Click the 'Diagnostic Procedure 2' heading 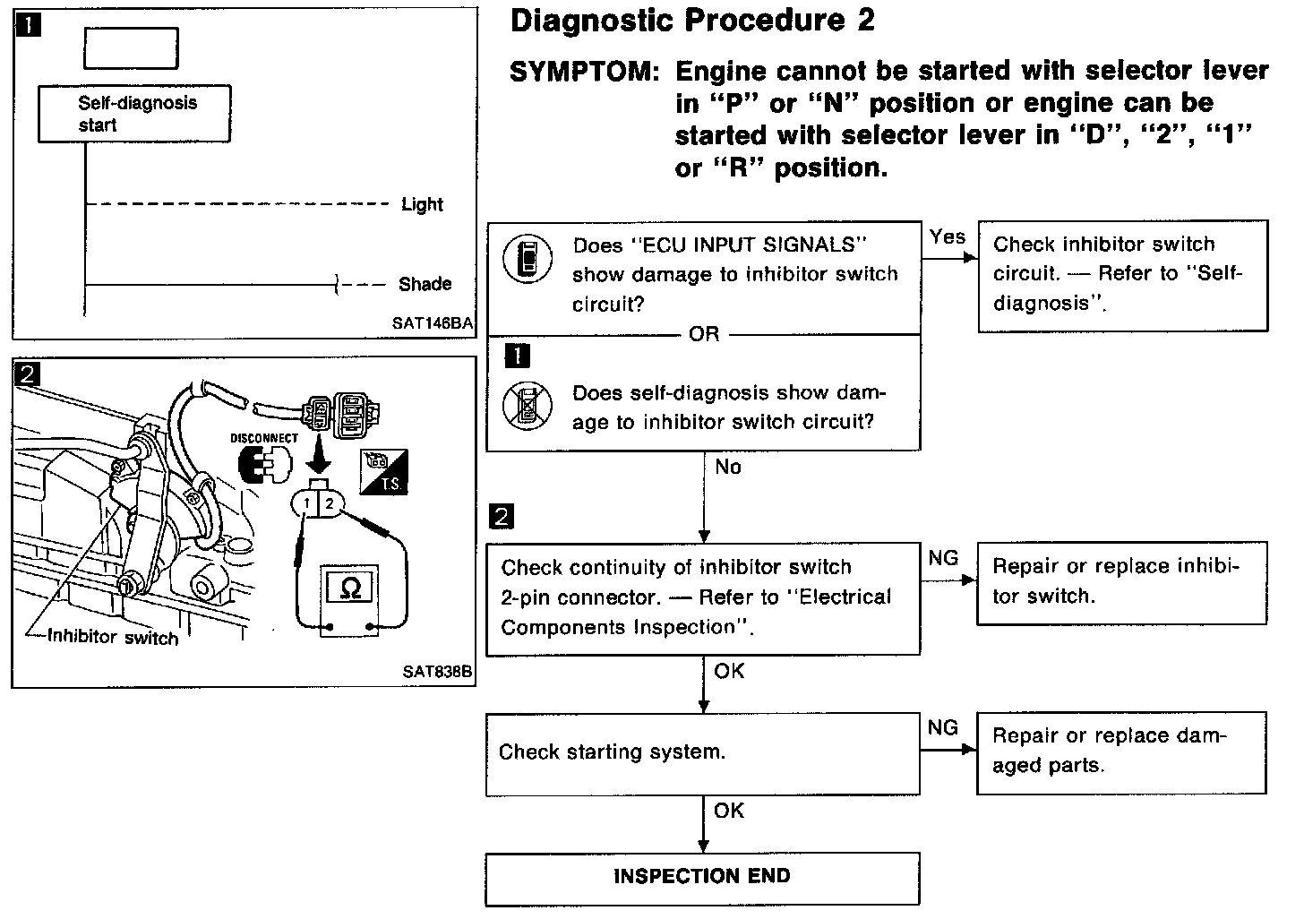(x=692, y=21)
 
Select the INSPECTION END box (x=702, y=877)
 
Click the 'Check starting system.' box (x=702, y=753)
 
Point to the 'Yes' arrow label (x=947, y=237)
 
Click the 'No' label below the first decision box (x=728, y=468)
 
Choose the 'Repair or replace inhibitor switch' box (x=1121, y=582)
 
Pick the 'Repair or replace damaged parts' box (x=1121, y=752)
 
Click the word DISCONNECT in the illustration (x=264, y=439)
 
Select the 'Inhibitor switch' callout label (x=113, y=637)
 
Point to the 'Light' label (x=422, y=204)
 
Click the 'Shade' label (x=425, y=284)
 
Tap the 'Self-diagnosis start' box (x=133, y=114)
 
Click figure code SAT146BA (x=432, y=323)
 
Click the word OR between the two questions (x=704, y=334)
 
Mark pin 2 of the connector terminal (x=330, y=504)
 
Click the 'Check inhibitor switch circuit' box (x=1122, y=275)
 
